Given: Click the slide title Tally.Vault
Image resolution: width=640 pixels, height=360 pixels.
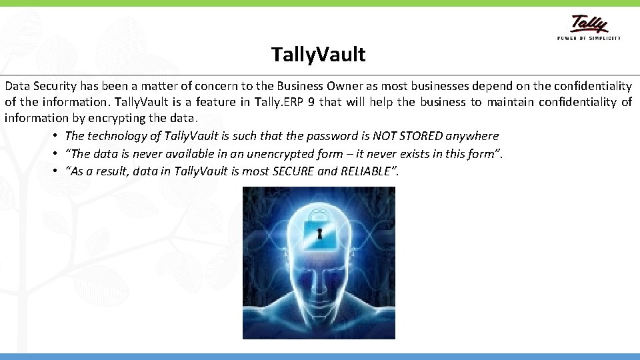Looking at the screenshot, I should [319, 55].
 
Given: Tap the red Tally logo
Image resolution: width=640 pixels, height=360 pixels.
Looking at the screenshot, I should [589, 25].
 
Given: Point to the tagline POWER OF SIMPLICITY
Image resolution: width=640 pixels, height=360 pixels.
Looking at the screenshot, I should [589, 38].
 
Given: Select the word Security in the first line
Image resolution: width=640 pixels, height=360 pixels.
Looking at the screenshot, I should [56, 86].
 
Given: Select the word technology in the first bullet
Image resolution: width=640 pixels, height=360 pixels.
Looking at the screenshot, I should [117, 136].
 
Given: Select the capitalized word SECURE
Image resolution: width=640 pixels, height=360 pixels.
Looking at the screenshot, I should [295, 171].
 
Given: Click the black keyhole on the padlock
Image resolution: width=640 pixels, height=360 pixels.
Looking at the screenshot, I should [319, 233].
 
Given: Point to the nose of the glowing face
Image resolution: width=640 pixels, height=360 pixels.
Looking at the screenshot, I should [319, 293].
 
